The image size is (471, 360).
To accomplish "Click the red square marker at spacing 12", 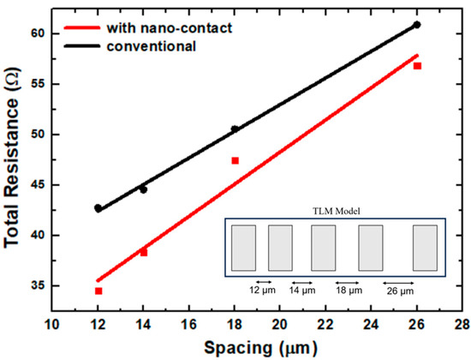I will click(98, 291).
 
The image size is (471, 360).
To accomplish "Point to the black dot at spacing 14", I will click(143, 189).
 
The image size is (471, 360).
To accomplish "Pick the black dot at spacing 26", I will click(417, 25).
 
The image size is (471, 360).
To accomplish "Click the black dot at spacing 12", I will click(98, 208).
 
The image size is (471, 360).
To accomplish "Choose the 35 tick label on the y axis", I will click(40, 285).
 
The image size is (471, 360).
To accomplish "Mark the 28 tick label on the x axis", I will click(462, 327).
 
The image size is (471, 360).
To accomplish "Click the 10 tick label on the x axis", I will click(52, 327).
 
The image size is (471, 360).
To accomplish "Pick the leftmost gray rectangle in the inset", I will click(242, 249).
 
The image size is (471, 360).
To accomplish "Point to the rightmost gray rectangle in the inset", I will click(425, 249).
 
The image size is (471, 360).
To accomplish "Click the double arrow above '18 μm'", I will click(346, 281).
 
